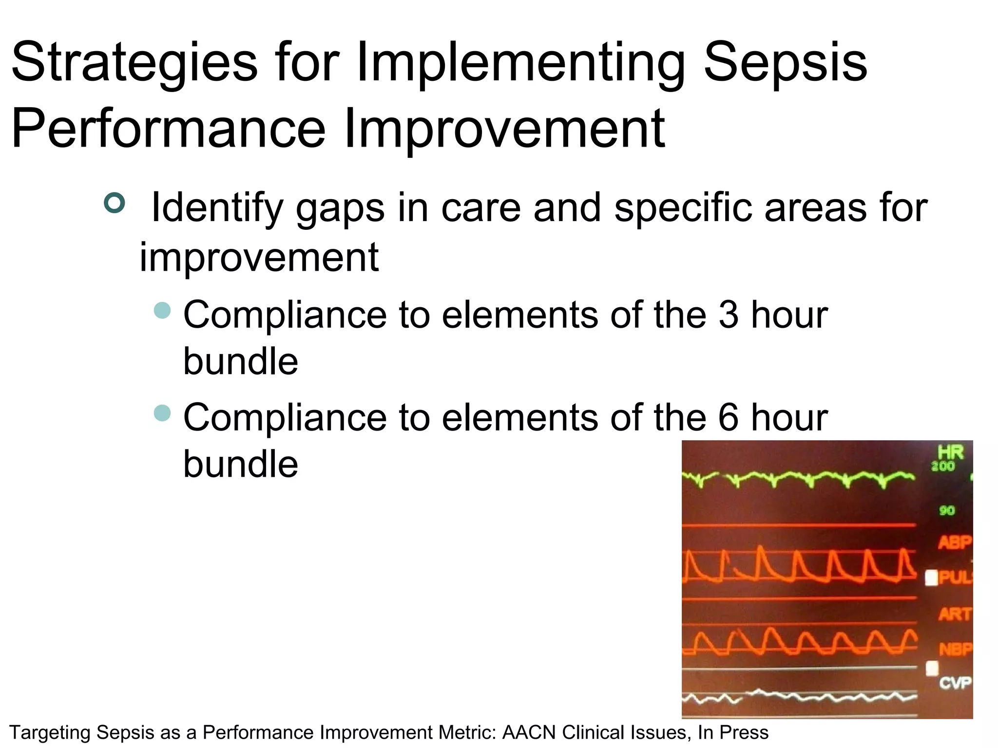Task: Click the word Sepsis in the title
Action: [x=785, y=63]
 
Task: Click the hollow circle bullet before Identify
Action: [x=115, y=203]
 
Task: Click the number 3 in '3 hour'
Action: [x=728, y=315]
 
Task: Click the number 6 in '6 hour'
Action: [x=728, y=418]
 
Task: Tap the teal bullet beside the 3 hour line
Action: [x=162, y=310]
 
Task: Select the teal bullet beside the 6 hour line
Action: [x=162, y=413]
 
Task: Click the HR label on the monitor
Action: [x=950, y=452]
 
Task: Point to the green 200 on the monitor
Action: [x=943, y=467]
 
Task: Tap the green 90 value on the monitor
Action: [x=947, y=510]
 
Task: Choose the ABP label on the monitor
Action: [x=955, y=542]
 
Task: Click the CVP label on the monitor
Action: [x=955, y=683]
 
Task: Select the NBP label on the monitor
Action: [x=955, y=649]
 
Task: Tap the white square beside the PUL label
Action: [x=931, y=578]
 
